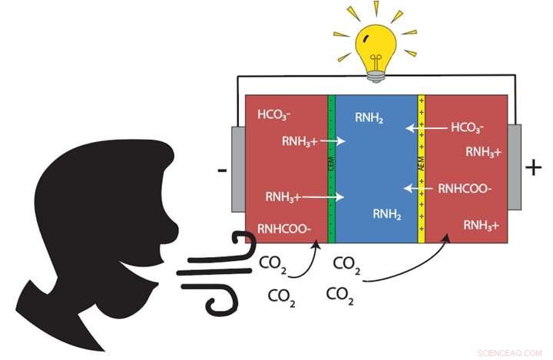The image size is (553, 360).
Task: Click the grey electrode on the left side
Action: coord(238,169)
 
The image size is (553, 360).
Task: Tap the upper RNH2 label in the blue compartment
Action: coord(369,117)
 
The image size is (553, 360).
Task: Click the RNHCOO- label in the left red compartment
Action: coord(284,227)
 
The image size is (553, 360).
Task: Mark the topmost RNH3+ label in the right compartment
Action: coord(483,151)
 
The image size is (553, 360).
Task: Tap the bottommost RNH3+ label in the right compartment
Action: coord(482,226)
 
